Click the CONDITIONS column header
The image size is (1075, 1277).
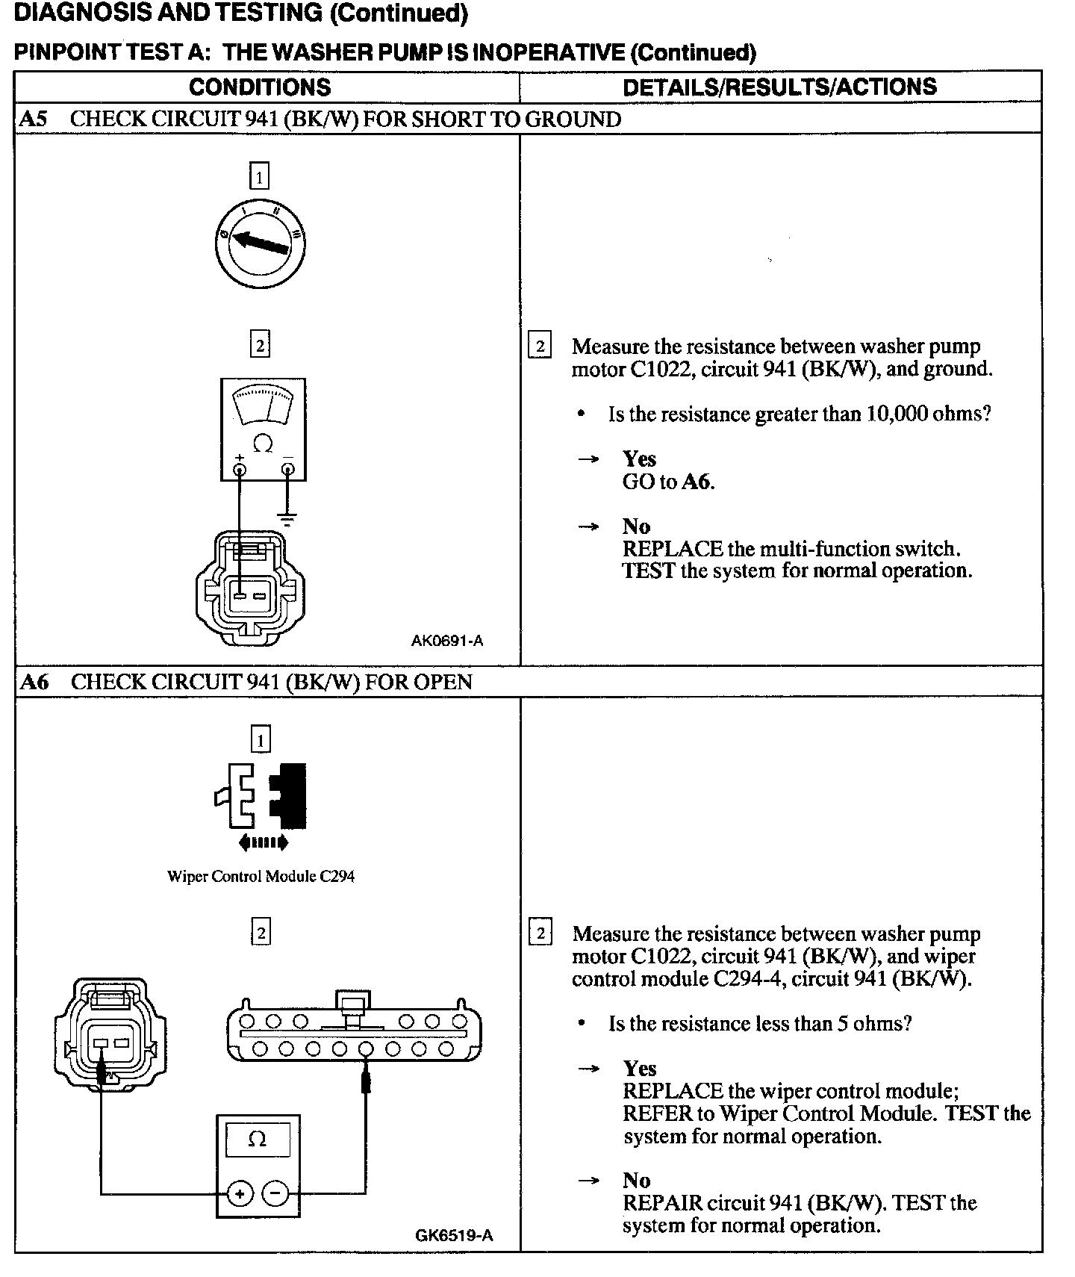pos(260,87)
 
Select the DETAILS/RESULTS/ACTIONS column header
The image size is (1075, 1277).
pos(779,87)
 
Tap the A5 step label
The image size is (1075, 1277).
pos(34,119)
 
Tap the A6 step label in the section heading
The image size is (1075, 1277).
pos(34,682)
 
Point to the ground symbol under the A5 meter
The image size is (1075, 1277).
pos(287,518)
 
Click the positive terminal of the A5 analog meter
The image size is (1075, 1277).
pos(240,470)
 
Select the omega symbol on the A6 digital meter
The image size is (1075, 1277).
pos(257,1140)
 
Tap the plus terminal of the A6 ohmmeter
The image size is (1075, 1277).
pos(240,1194)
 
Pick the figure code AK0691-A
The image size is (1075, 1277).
pos(446,641)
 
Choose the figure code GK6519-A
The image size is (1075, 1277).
pos(454,1234)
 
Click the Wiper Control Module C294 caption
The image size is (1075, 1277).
pos(261,876)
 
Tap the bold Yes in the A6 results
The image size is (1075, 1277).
pos(640,1069)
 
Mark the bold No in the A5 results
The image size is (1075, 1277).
pos(636,526)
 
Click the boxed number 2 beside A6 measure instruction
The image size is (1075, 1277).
pos(540,933)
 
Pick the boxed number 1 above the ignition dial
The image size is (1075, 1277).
pos(259,177)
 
